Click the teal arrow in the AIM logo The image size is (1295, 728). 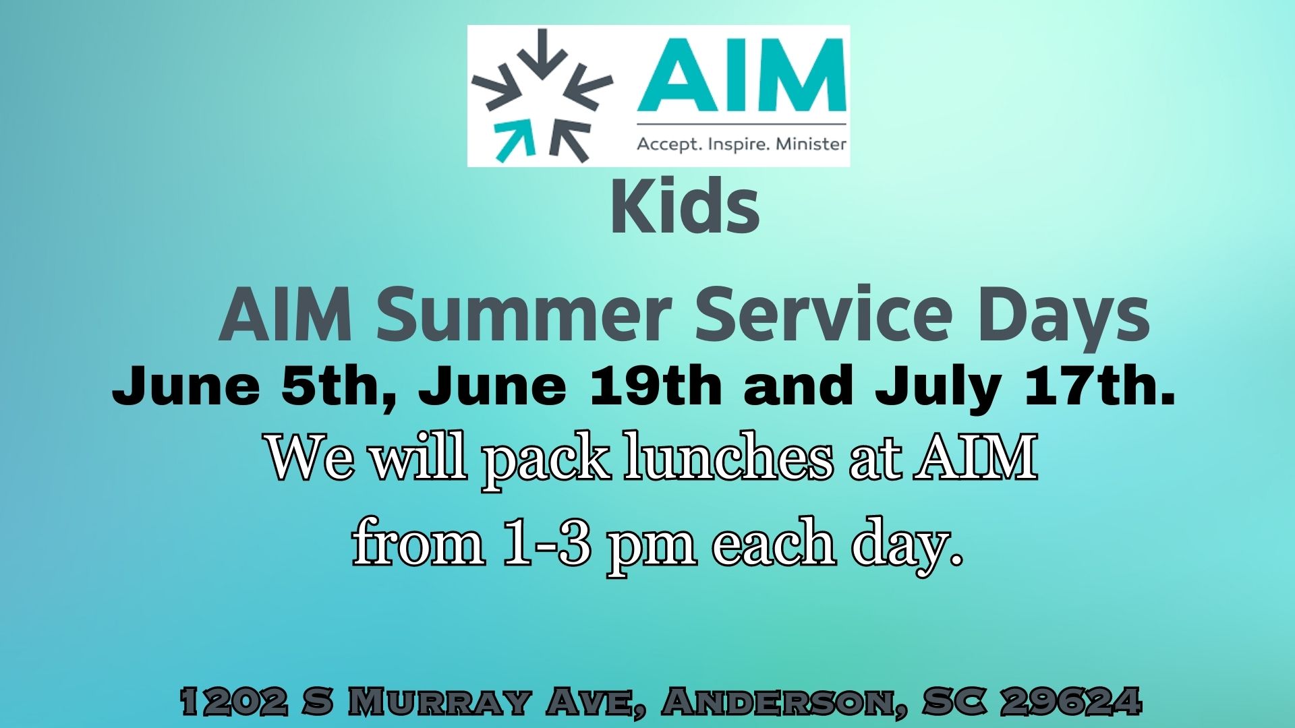(514, 141)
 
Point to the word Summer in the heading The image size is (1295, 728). (523, 314)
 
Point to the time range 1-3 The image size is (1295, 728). (547, 543)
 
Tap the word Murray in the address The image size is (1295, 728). (438, 702)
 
